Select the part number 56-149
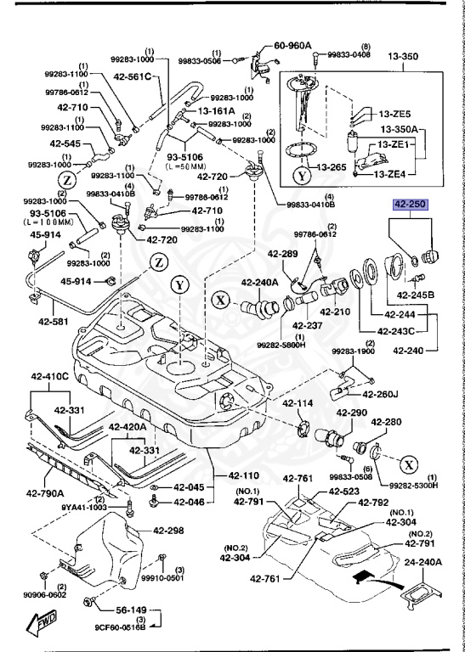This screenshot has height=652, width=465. tap(132, 610)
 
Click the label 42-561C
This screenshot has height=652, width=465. tap(131, 77)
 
